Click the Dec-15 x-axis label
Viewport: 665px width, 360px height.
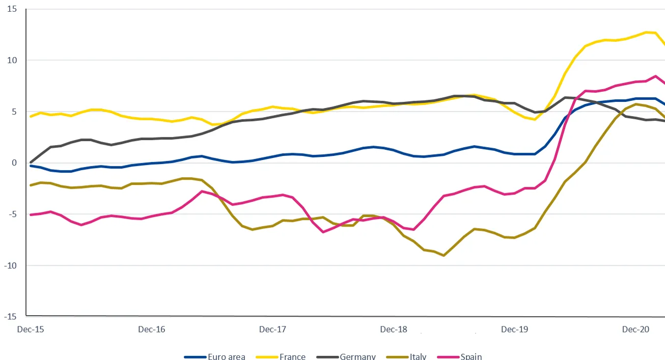[x=31, y=329]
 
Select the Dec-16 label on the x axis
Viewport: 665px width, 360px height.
[x=152, y=329]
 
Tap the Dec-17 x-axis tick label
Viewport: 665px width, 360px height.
[x=273, y=329]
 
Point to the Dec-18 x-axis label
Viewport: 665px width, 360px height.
[x=394, y=329]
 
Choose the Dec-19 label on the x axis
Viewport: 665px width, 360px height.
[x=515, y=329]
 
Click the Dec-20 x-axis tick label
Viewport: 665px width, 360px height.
[x=636, y=329]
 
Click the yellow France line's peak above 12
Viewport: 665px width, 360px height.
[x=647, y=32]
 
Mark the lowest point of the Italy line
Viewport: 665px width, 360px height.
[x=444, y=255]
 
